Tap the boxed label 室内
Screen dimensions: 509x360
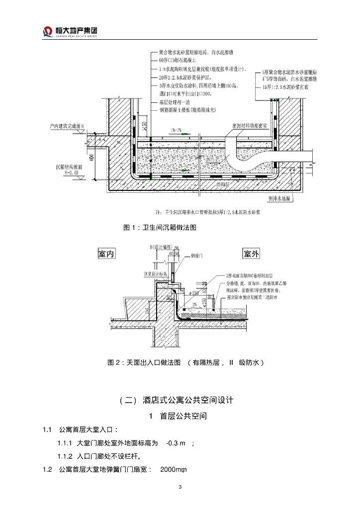106,254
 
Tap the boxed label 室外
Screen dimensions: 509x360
251,254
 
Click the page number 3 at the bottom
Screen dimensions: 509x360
180,486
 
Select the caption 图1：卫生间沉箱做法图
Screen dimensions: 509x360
160,228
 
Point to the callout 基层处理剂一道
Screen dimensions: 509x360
175,101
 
